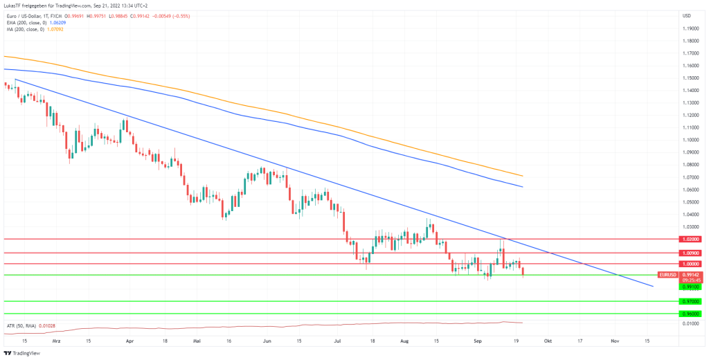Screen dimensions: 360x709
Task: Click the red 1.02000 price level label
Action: (x=690, y=239)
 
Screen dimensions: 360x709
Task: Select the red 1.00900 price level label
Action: (x=690, y=253)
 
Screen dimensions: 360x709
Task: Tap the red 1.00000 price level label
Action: (x=690, y=264)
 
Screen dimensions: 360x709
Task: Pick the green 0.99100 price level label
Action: (x=690, y=286)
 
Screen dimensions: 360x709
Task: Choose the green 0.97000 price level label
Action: (x=690, y=301)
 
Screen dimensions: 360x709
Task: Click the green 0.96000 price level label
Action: (x=690, y=314)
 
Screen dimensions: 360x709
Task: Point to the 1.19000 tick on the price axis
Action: (x=690, y=28)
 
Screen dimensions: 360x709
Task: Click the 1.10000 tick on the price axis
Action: (x=690, y=140)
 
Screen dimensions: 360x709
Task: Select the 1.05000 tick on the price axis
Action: (x=690, y=202)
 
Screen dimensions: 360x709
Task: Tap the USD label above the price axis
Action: (x=687, y=15)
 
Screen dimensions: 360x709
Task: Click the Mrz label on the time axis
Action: (x=56, y=341)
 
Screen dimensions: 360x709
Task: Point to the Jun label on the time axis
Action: (x=266, y=341)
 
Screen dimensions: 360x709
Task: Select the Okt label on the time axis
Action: (x=548, y=341)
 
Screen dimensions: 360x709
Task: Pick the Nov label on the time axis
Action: (x=614, y=341)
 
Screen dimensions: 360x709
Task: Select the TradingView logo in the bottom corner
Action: (x=22, y=353)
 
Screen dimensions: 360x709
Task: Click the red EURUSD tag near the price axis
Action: (x=667, y=275)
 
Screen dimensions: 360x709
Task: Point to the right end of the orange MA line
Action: (x=521, y=175)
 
